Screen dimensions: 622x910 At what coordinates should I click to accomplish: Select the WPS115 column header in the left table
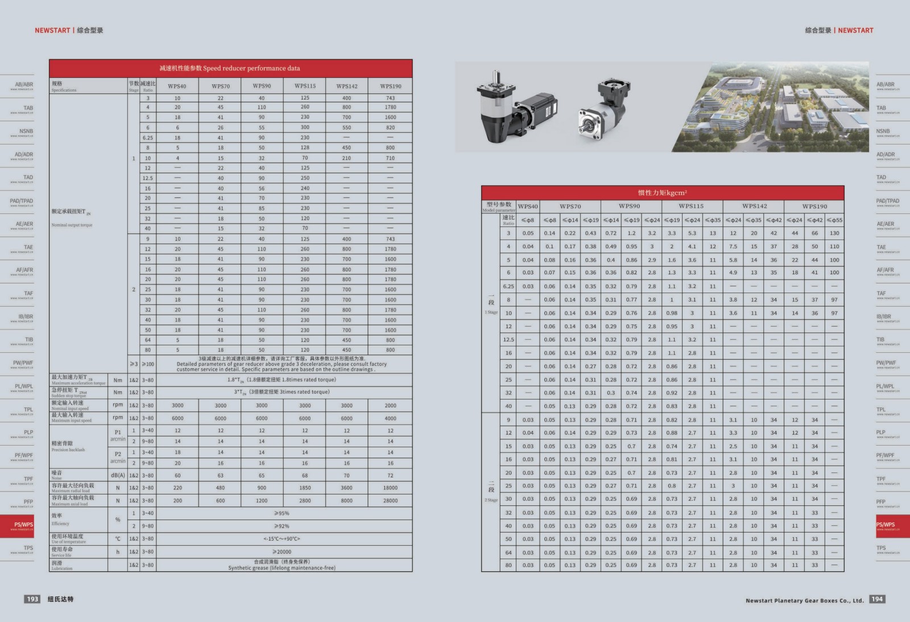pos(305,86)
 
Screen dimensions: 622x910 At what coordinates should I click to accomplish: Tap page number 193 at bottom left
pos(32,599)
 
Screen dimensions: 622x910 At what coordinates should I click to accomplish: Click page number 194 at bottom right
pos(877,599)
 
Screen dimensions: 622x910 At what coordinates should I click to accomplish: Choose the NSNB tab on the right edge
pos(883,131)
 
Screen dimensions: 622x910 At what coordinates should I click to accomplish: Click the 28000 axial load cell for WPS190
pos(390,501)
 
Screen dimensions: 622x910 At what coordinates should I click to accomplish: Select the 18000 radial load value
pos(390,488)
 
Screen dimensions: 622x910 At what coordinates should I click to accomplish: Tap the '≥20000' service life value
pos(282,551)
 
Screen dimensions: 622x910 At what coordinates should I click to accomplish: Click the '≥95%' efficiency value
pos(282,513)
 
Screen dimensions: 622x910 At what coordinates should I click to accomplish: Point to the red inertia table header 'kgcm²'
pos(663,192)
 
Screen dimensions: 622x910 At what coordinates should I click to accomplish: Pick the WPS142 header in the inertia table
pos(754,206)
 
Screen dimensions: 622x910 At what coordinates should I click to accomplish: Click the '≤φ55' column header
pos(834,220)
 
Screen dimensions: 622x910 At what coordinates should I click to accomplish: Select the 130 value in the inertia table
pos(834,233)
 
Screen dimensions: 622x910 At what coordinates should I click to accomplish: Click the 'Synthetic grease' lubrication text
pos(282,568)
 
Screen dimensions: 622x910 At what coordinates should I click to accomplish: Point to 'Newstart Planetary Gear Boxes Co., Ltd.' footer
pos(804,600)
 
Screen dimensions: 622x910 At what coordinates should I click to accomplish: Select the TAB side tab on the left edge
pos(28,108)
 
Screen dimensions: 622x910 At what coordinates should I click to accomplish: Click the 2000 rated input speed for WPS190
pos(390,406)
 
